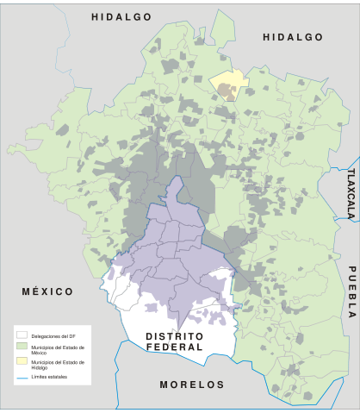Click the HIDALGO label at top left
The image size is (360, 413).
121,17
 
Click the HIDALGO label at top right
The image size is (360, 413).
293,37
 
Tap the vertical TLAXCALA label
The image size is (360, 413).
351,194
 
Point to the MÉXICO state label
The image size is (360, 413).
48,292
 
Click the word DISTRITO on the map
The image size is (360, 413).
174,335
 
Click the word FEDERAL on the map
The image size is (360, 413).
174,347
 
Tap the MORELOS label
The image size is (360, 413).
192,385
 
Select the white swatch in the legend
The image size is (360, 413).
22,335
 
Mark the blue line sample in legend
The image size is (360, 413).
22,377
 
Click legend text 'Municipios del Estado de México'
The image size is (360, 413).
57,347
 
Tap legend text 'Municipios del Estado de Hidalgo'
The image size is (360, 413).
57,364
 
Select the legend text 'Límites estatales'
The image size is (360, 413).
50,377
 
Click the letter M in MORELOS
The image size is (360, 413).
165,385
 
